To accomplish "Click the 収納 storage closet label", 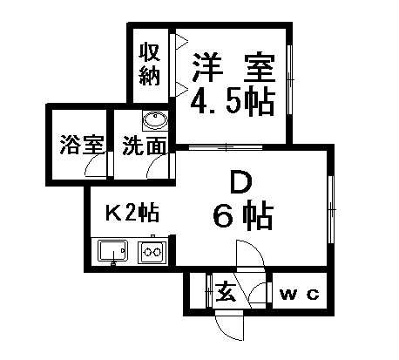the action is tap(150, 65).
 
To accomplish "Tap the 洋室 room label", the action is tap(233, 68).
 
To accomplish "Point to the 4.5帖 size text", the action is tap(233, 102).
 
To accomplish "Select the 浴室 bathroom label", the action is tap(82, 145).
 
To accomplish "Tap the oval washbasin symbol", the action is tap(156, 120).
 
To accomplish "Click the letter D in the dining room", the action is tap(240, 182).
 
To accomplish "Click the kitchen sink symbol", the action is tap(113, 251).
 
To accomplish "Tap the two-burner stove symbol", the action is tap(152, 252).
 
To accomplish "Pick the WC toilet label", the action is tap(300, 295).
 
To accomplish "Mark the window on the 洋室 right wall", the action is tap(289, 79).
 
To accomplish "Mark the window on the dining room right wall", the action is tap(331, 209).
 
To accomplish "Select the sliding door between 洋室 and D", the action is tap(226, 147).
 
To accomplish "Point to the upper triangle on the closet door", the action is tap(180, 41).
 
